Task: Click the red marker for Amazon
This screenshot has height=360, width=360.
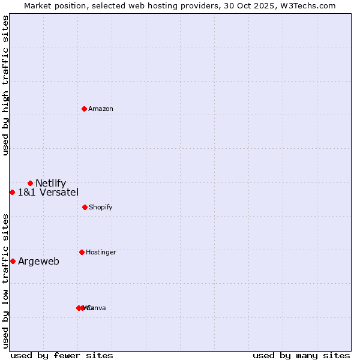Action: coord(85,109)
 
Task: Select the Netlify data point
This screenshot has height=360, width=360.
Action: coord(30,183)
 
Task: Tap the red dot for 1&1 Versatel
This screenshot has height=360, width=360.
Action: coord(12,192)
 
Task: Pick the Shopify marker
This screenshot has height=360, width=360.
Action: coord(85,207)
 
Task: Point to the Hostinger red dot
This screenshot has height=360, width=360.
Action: coord(82,252)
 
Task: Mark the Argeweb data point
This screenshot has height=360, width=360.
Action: coord(13,261)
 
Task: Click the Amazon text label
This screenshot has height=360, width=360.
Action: coord(101,109)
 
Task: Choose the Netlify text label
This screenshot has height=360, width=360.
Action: coord(50,183)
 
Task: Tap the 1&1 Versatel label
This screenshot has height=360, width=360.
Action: coord(48,192)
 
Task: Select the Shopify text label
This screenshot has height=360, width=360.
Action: coord(101,207)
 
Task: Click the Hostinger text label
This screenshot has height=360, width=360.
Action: coord(101,252)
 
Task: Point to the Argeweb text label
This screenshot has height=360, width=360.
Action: coord(38,261)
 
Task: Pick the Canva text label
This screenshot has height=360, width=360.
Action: coord(97,308)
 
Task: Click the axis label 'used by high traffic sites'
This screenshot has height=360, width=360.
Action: coord(6,85)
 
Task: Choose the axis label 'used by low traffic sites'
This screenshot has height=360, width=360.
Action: coord(6,281)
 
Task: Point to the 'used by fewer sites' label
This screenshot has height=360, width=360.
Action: coord(62,355)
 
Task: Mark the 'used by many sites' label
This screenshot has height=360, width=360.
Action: coord(301,355)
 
